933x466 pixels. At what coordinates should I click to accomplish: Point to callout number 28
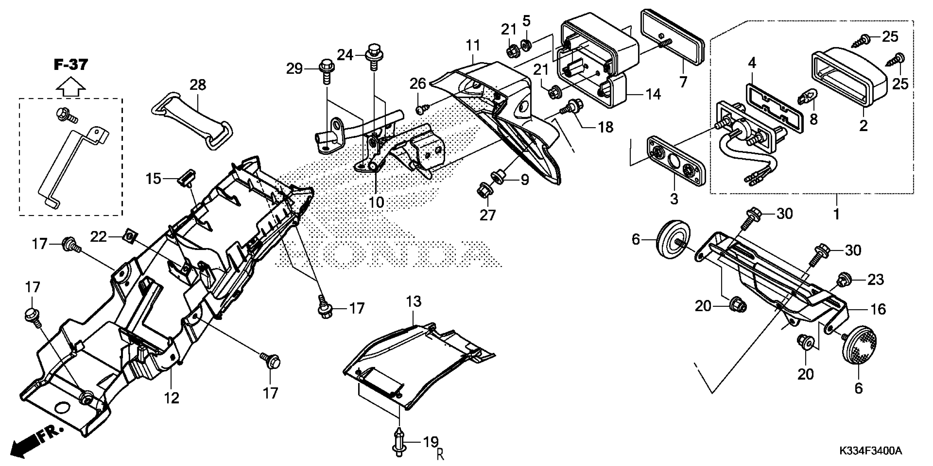198,85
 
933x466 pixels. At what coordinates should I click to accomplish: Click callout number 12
171,398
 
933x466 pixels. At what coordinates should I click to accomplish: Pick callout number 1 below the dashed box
836,214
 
